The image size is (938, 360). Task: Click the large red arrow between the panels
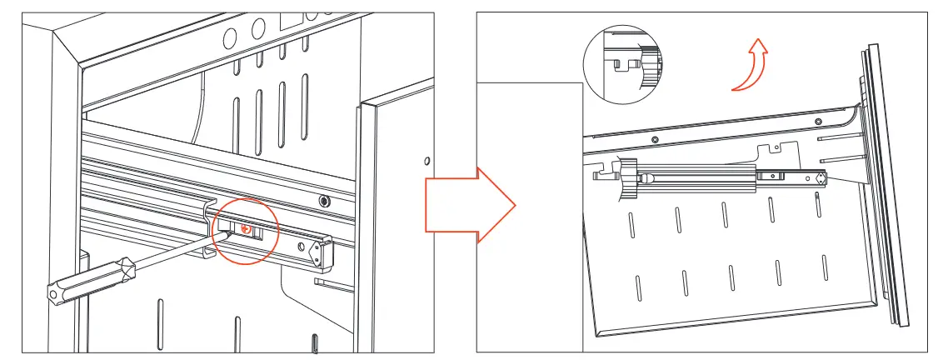point(470,199)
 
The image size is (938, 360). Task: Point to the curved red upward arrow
point(750,66)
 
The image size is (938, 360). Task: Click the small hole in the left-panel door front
point(427,160)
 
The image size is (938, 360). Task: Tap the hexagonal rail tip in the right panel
point(821,177)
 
